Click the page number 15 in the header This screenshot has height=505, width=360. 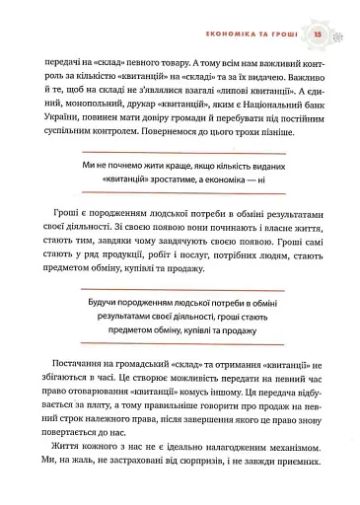[x=319, y=36]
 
